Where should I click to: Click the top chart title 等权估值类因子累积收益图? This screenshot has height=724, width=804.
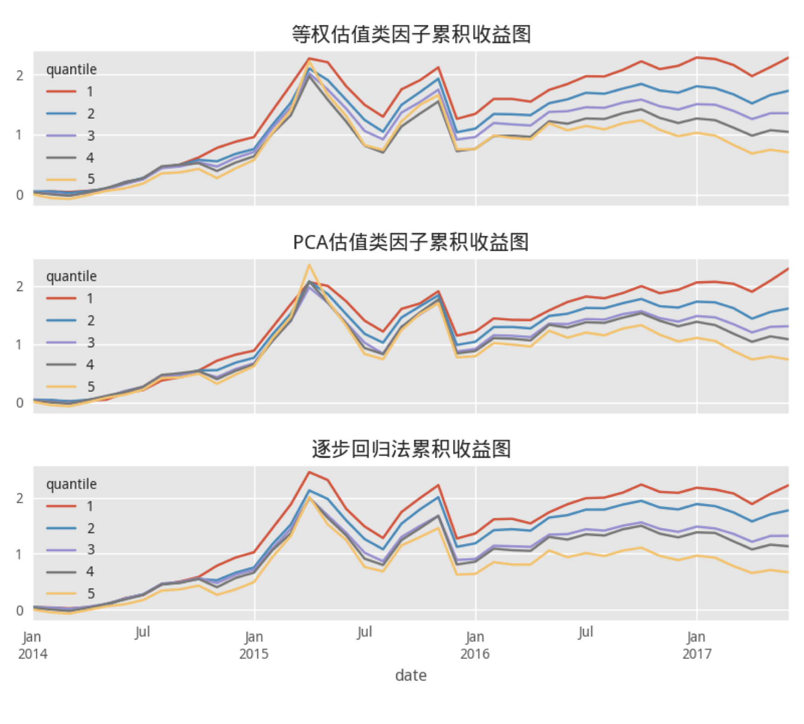[411, 34]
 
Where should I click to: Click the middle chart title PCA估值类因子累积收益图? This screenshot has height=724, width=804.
[411, 242]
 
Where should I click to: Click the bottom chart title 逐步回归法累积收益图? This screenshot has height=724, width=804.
[411, 449]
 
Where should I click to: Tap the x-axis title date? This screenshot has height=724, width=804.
[411, 675]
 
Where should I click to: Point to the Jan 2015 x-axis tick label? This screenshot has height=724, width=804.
[254, 645]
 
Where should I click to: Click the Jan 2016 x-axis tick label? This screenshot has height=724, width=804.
[475, 645]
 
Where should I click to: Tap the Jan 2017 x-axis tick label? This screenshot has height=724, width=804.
[696, 645]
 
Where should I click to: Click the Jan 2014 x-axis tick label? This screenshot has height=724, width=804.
[33, 645]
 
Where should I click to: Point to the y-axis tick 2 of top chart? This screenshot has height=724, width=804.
[20, 76]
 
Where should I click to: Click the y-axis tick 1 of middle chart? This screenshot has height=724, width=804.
[20, 345]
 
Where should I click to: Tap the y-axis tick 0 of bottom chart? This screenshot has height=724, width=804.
[20, 611]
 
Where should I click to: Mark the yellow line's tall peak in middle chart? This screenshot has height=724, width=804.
[309, 265]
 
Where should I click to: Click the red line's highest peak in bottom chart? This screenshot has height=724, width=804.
[310, 473]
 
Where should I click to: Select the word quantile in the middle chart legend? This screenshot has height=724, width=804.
[71, 276]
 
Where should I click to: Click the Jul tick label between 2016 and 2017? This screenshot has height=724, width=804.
[585, 632]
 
